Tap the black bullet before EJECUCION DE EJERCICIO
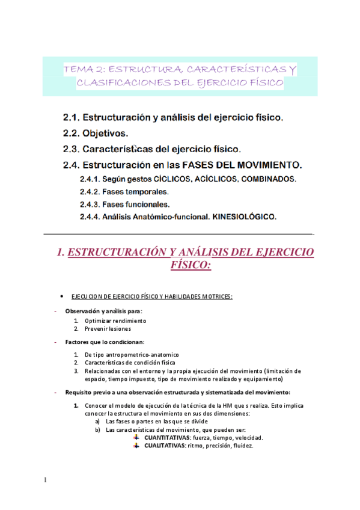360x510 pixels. [x=62, y=296]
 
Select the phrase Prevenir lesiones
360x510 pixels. [x=108, y=329]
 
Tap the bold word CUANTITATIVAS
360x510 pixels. [x=169, y=438]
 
